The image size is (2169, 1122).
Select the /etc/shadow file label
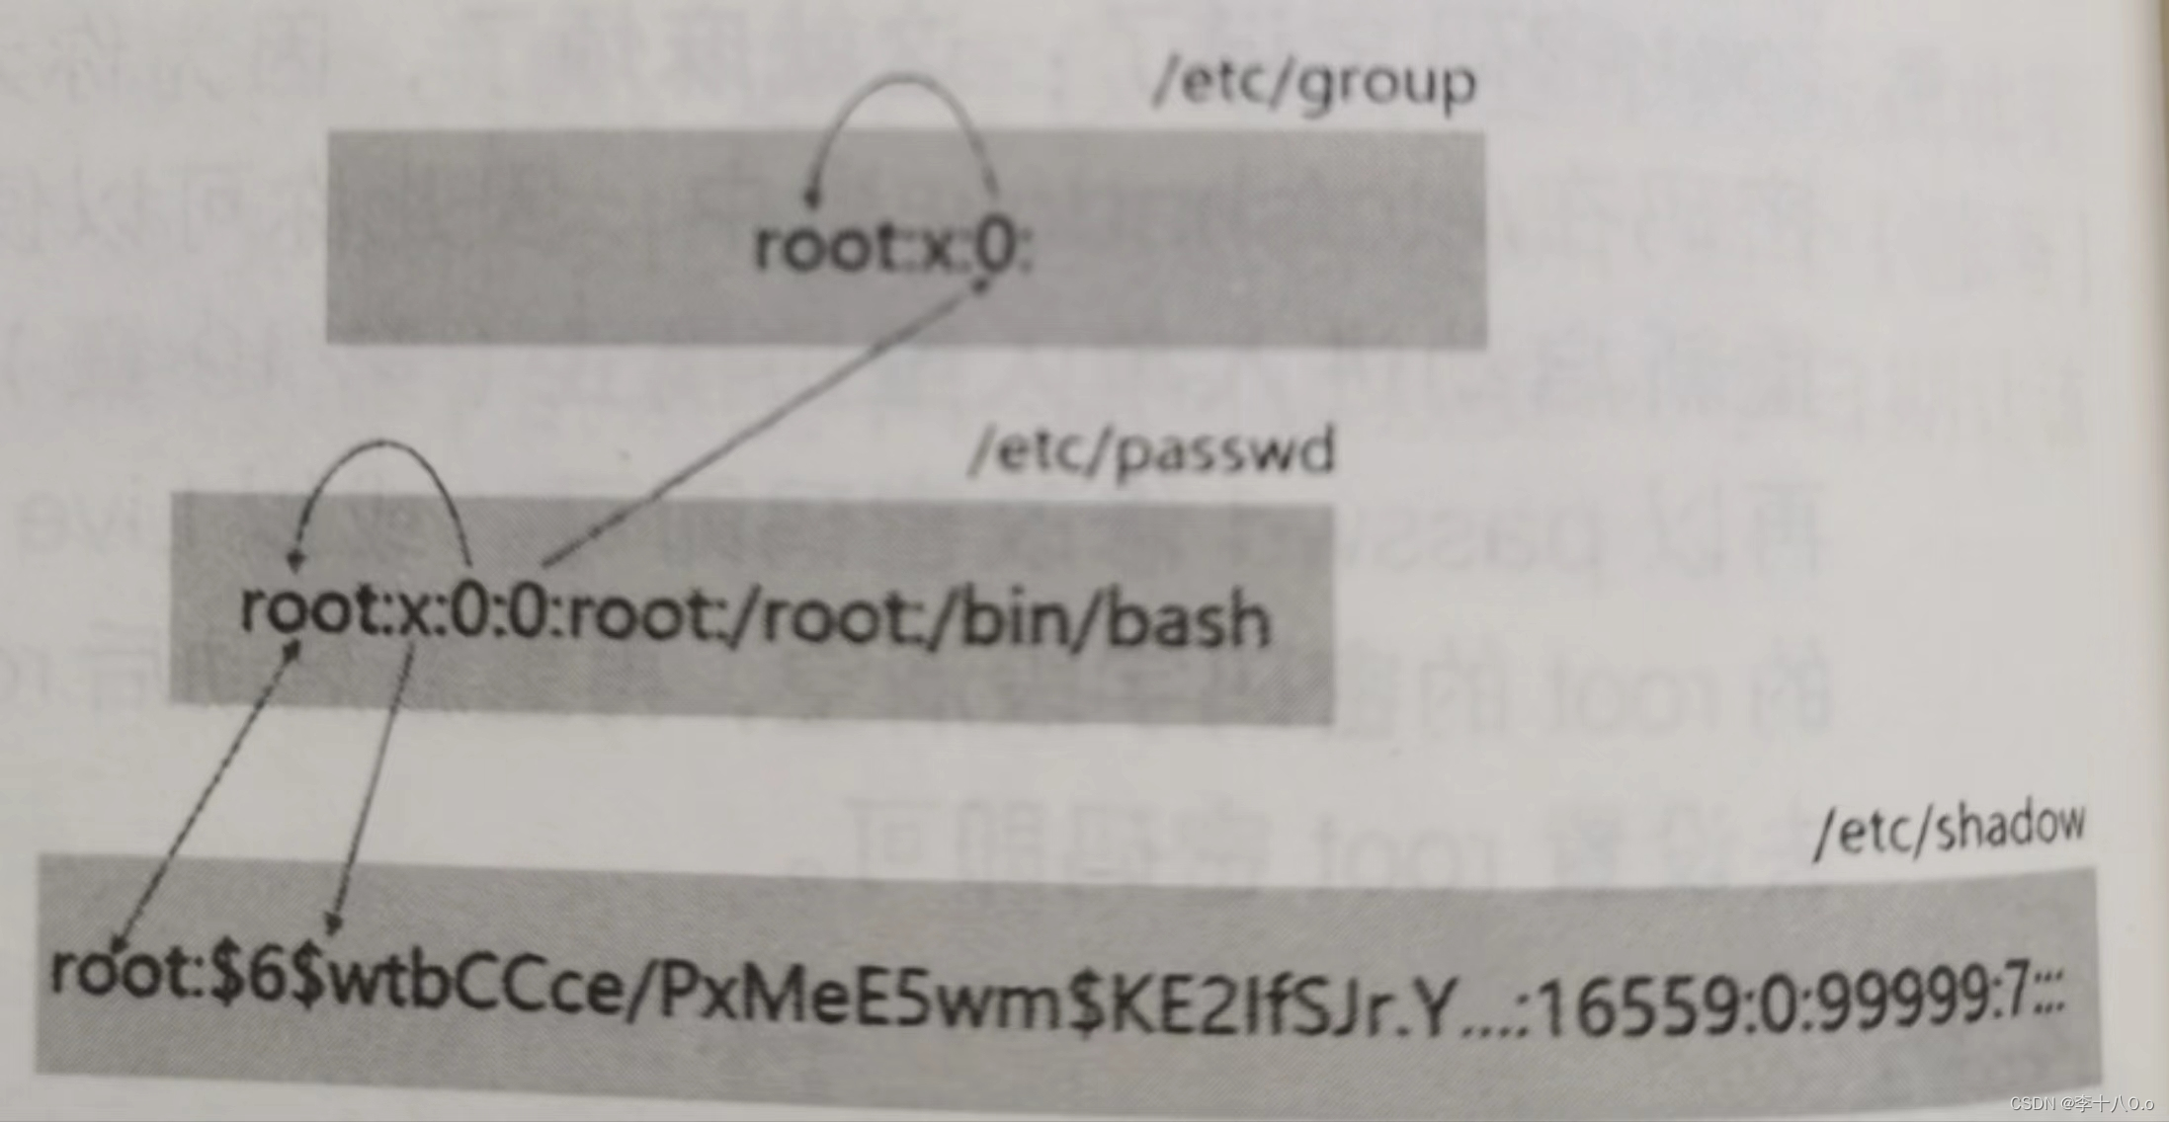tap(1951, 828)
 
